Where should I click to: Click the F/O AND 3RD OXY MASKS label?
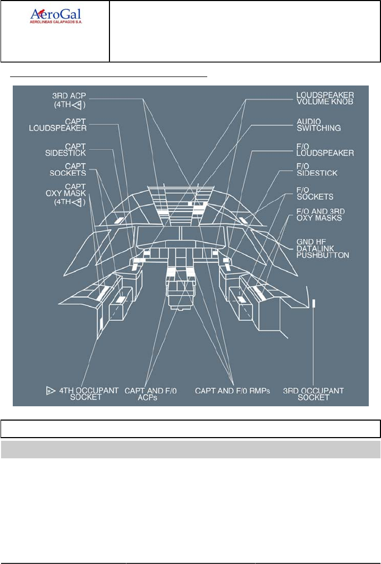[x=320, y=215]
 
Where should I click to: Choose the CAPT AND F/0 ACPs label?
[x=151, y=394]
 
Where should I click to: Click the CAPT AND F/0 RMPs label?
[x=233, y=391]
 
